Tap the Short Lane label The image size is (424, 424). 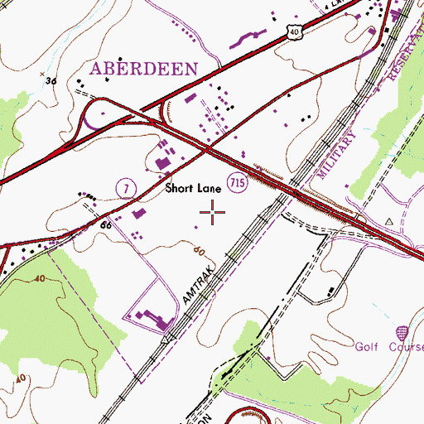[192, 188]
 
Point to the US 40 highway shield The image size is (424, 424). [294, 30]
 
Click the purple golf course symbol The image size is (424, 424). [402, 331]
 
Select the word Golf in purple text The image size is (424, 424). [371, 346]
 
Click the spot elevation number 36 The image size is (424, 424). [51, 81]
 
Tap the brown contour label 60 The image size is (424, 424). [198, 248]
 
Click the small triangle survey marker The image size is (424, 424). [389, 222]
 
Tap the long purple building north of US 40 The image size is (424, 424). [248, 38]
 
